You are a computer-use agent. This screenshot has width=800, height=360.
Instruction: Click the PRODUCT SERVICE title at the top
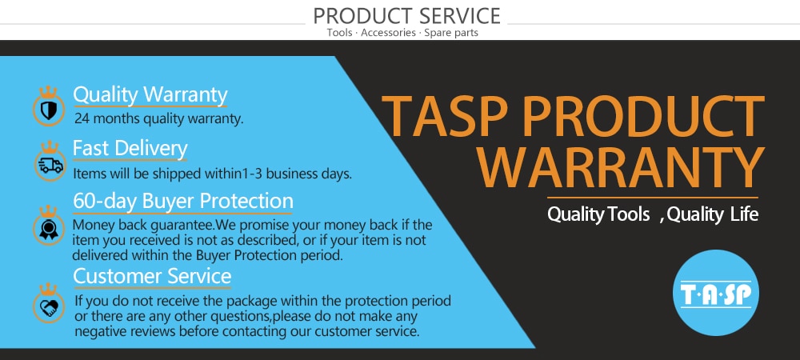point(406,16)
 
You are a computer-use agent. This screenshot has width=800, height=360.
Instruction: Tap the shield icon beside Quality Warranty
point(49,110)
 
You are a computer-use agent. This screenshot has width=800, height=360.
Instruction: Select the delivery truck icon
point(50,166)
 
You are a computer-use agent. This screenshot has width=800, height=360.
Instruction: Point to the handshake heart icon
point(50,307)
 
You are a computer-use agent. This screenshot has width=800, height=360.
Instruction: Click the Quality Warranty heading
point(150,95)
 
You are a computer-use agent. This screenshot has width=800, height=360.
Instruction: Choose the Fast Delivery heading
point(130,148)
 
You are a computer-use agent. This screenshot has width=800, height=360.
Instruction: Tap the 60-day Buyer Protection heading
point(183,201)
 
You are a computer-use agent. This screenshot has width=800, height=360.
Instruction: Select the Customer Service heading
point(152,276)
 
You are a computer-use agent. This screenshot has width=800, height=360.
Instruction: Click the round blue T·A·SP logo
point(716,293)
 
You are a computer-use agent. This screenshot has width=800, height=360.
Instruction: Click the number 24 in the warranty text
point(82,119)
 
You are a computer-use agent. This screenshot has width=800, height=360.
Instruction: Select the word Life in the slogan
point(744,214)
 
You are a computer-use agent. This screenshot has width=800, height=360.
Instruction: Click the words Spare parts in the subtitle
point(451,33)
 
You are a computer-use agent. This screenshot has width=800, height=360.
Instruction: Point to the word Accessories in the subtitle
point(389,33)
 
